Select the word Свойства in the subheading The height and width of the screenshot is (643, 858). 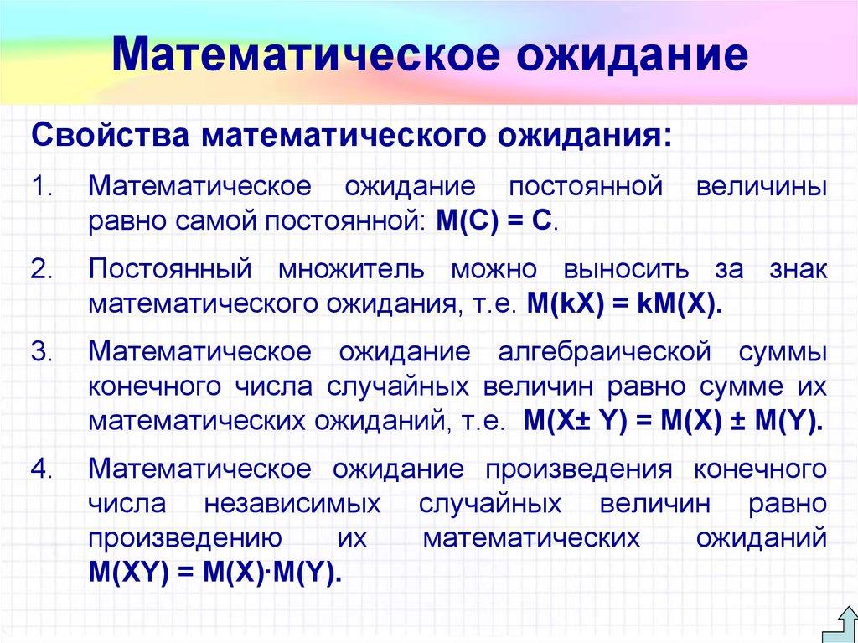tap(108, 135)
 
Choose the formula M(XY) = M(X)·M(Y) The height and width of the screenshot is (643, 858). tap(215, 574)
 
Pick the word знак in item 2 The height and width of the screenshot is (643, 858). tap(797, 268)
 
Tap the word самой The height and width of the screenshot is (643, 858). tap(220, 222)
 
